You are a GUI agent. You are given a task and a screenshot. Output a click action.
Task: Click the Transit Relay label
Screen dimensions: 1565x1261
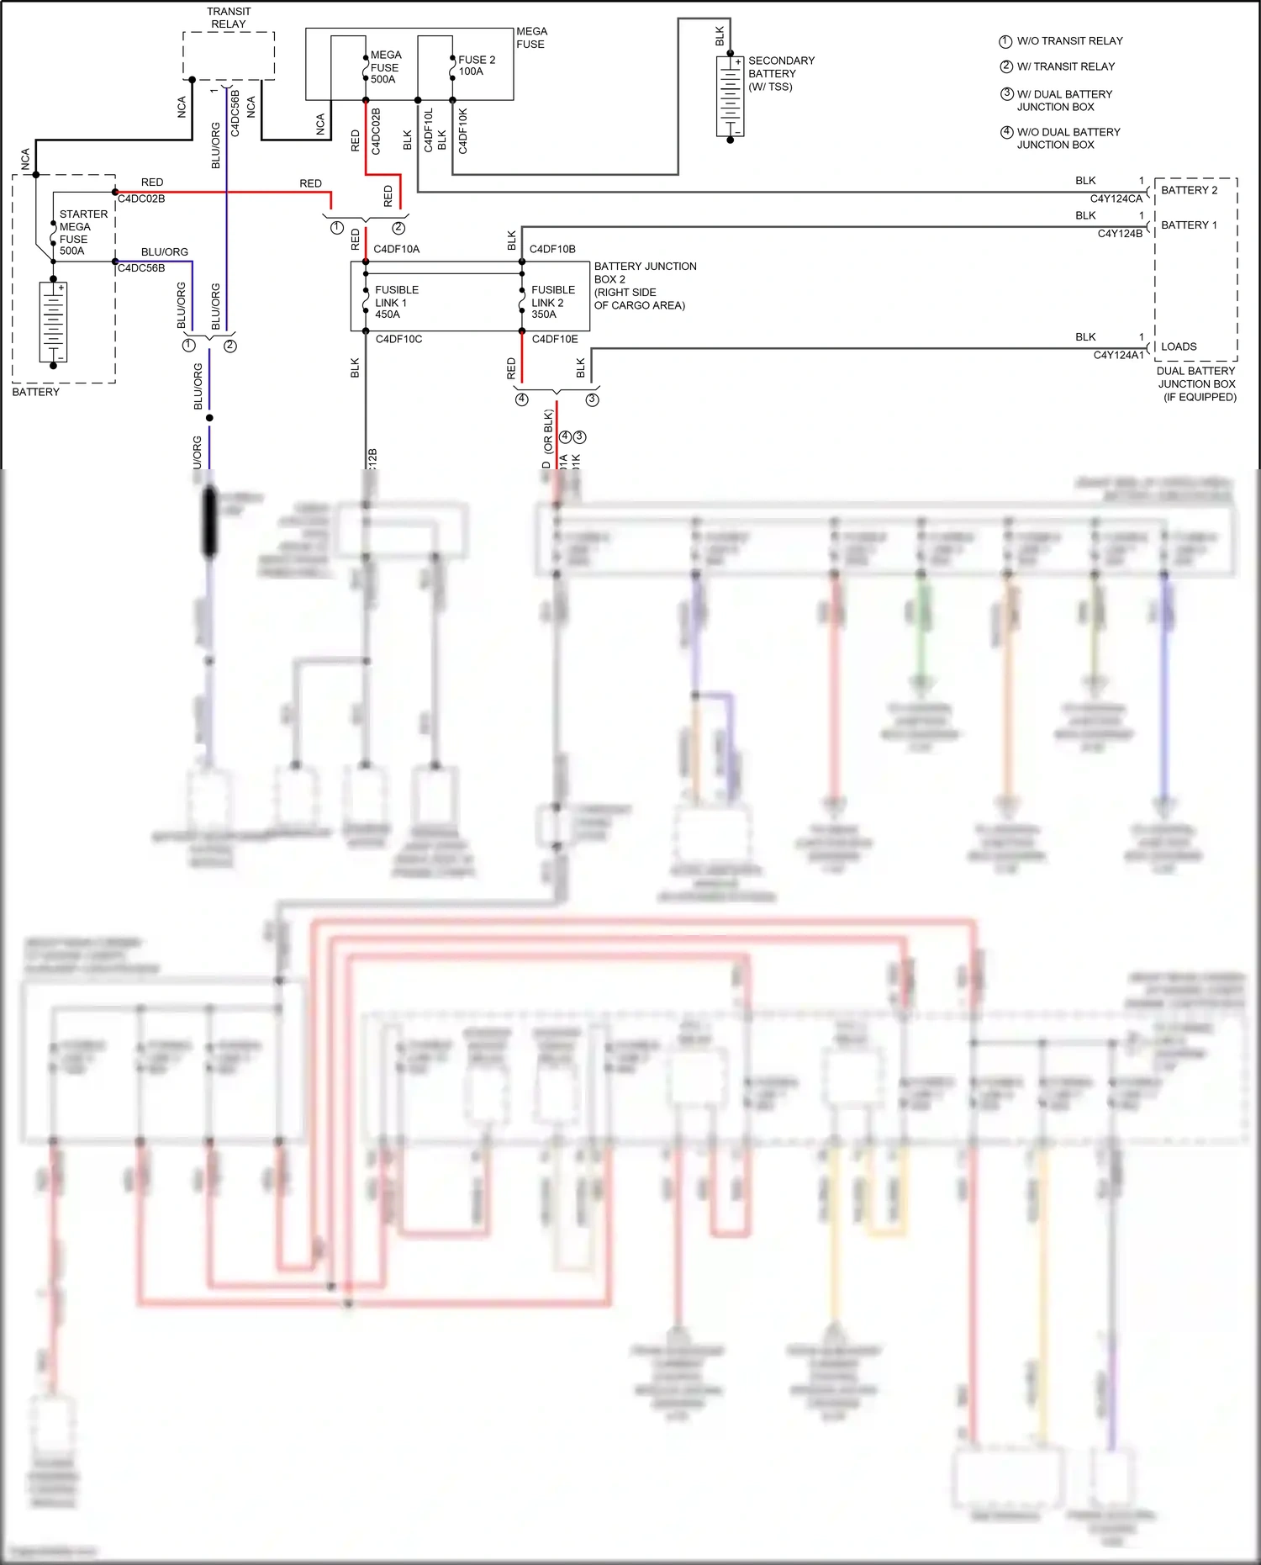tap(228, 18)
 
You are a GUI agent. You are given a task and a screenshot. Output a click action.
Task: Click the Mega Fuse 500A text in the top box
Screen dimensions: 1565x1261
tap(385, 67)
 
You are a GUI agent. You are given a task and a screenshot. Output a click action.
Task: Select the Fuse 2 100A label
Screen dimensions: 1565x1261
tap(476, 66)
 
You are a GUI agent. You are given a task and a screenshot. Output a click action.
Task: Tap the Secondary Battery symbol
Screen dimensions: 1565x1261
tap(730, 96)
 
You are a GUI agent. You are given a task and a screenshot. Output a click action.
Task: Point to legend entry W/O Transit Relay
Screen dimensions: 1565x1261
tap(1068, 41)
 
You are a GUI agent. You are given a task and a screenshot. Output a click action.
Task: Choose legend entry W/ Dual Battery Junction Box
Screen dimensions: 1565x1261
tap(1063, 100)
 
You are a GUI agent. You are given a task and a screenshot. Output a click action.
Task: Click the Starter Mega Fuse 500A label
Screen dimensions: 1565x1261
tap(82, 232)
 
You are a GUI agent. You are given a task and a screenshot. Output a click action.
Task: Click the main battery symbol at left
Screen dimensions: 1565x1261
tap(53, 322)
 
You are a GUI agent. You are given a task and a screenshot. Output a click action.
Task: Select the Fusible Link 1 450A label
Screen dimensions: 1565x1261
tap(396, 302)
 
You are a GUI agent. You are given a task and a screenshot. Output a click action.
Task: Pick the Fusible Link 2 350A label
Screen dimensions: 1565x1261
tap(552, 302)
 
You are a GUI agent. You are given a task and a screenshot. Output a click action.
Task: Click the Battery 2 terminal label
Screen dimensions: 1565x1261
tap(1189, 190)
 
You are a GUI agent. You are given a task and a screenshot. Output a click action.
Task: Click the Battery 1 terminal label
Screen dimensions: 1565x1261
tap(1189, 225)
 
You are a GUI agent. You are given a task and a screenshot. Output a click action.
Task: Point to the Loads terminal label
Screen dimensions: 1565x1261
tap(1179, 346)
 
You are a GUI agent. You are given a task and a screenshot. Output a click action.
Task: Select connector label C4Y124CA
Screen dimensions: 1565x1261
tap(1116, 199)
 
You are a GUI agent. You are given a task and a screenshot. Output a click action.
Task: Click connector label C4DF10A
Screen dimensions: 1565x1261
tap(396, 250)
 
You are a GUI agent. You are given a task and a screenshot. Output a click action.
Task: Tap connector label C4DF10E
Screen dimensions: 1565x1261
tap(555, 340)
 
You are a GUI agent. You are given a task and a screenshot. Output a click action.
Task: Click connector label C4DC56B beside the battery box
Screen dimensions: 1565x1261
tap(141, 268)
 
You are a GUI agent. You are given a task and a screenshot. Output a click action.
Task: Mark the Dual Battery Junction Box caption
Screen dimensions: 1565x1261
tap(1196, 383)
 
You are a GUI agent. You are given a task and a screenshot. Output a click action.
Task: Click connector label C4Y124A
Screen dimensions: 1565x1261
tap(1116, 356)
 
